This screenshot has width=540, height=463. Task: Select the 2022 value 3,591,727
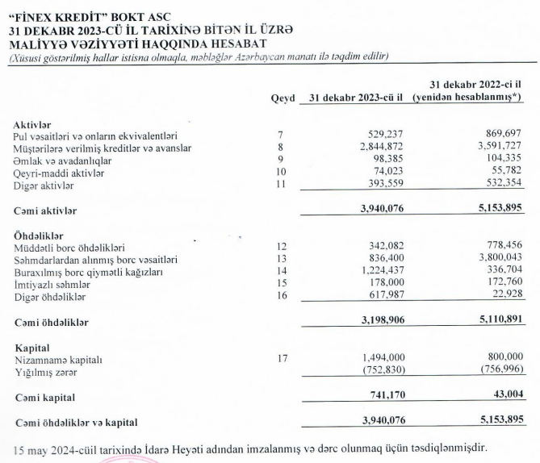pyautogui.click(x=490, y=148)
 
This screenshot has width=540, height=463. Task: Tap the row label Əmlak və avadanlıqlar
pyautogui.click(x=66, y=160)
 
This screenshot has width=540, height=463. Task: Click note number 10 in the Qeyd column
pyautogui.click(x=280, y=172)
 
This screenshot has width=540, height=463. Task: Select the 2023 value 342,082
pyautogui.click(x=385, y=246)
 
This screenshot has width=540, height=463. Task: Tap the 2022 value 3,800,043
pyautogui.click(x=490, y=259)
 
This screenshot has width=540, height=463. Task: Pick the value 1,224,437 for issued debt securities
pyautogui.click(x=379, y=271)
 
